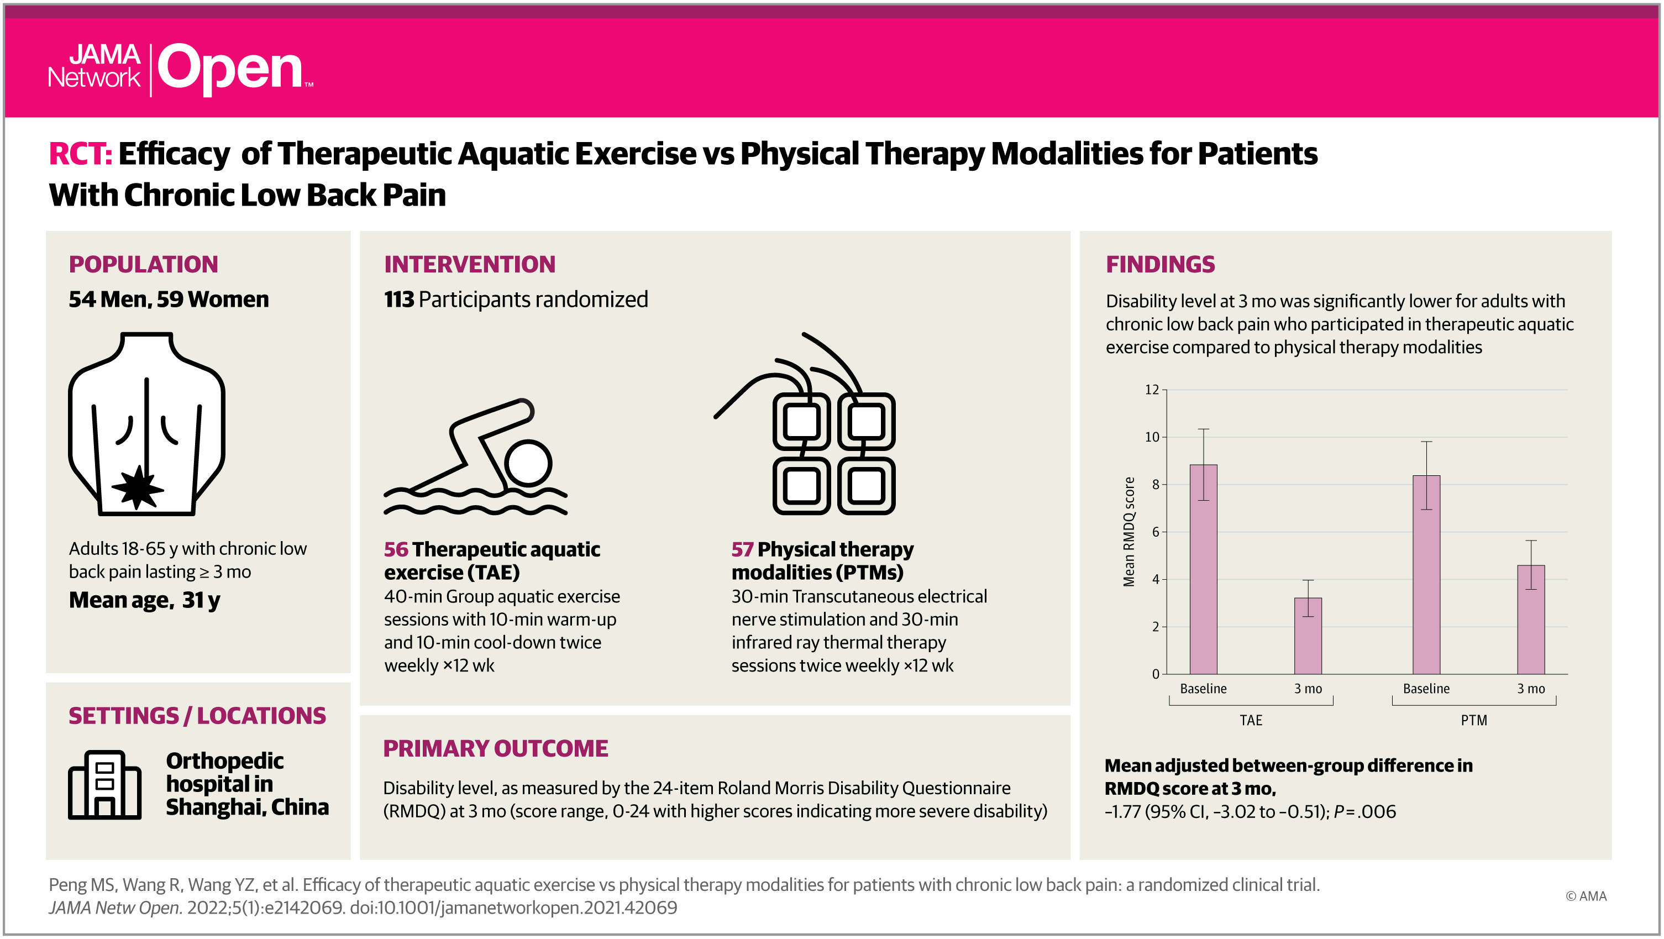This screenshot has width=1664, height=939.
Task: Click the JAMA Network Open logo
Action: click(181, 69)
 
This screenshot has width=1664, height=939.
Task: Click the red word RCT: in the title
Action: click(81, 154)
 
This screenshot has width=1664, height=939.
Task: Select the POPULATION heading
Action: click(143, 264)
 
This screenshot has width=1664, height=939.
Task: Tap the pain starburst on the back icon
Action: click(138, 487)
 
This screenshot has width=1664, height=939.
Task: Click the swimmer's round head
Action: click(528, 463)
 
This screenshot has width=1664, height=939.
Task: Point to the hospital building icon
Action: click(104, 785)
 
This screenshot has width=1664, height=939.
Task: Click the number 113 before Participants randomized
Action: click(398, 300)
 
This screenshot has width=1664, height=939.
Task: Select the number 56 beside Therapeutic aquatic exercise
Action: click(396, 549)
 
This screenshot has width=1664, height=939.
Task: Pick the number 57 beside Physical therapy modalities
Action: click(742, 549)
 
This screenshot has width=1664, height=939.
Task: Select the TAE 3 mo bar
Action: click(1308, 636)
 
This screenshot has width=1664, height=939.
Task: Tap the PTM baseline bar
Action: click(1426, 575)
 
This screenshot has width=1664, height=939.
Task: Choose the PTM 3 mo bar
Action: click(1531, 620)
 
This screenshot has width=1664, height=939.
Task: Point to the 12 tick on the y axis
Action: click(1152, 390)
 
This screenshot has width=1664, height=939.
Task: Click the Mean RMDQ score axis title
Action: click(1128, 532)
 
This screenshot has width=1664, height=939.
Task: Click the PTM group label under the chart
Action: click(1473, 720)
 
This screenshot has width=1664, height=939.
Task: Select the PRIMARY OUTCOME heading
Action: click(496, 748)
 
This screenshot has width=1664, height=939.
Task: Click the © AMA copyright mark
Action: click(1586, 896)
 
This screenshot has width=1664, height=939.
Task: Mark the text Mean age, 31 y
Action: click(145, 601)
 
